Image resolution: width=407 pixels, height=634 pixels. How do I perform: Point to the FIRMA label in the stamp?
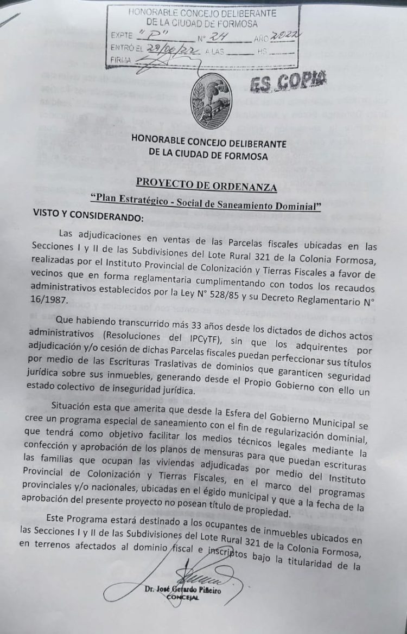click(120, 60)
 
